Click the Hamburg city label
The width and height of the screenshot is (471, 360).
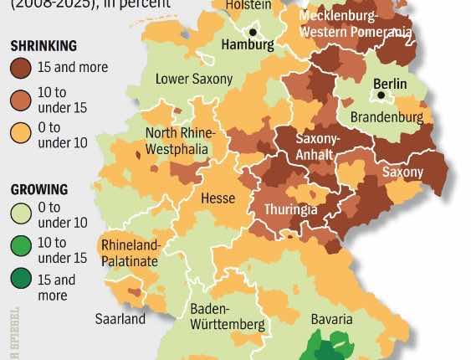pos(247,45)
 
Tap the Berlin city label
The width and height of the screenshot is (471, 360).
pos(390,84)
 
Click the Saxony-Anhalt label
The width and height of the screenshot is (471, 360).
pos(315,147)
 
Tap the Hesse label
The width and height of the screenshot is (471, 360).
pos(218,198)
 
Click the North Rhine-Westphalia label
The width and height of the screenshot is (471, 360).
pos(181,141)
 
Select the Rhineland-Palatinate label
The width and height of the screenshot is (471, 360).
pos(129,253)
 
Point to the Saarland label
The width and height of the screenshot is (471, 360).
pos(119,319)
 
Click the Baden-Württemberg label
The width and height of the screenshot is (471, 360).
pos(228,316)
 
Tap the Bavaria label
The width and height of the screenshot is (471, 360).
pos(319,318)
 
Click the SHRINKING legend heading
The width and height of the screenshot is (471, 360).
pos(43,45)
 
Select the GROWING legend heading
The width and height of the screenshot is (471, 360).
pos(40,190)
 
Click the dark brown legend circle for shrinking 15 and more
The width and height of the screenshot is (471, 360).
pos(23,68)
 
